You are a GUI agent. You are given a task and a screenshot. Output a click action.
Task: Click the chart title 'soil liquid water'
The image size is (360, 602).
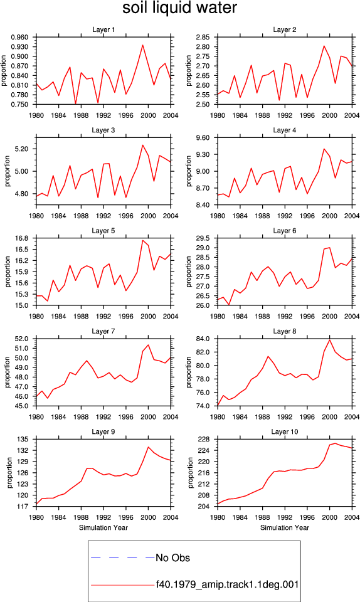[x=179, y=8]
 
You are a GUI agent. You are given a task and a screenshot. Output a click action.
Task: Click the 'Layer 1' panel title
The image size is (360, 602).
[x=103, y=30]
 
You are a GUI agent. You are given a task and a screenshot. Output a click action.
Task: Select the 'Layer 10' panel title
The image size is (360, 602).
[x=284, y=432]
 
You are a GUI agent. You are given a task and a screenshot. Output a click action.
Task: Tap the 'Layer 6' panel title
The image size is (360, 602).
[x=284, y=231]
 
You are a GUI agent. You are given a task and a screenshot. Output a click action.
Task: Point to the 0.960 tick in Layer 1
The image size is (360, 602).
[x=19, y=37]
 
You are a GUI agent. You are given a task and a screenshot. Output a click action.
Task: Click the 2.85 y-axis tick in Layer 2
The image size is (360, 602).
[x=203, y=37]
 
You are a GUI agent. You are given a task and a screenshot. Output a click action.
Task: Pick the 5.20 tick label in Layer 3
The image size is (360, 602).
[x=21, y=149]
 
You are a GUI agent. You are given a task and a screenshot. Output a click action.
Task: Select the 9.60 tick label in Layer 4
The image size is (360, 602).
[x=203, y=138]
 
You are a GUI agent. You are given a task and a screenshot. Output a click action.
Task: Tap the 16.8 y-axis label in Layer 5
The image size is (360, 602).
[x=22, y=238]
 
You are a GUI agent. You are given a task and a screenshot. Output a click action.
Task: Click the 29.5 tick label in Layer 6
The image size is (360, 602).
[x=203, y=238]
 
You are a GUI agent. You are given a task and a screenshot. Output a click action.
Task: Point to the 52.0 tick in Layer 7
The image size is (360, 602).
[x=22, y=339]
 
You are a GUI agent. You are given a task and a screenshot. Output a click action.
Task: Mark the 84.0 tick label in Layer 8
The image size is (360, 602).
[x=203, y=339]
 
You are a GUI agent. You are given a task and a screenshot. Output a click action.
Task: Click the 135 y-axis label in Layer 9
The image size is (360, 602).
[x=24, y=439]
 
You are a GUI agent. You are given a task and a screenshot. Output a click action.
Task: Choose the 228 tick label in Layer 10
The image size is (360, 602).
[x=205, y=439]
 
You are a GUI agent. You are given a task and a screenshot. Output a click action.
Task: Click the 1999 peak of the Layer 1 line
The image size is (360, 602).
[x=143, y=45]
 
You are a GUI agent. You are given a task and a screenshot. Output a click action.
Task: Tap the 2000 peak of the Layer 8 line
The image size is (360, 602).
[x=330, y=340]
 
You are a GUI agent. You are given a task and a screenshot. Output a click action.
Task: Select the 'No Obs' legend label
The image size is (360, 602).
[x=172, y=558]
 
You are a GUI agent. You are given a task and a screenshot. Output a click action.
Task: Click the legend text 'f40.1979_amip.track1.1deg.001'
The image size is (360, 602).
[x=227, y=585]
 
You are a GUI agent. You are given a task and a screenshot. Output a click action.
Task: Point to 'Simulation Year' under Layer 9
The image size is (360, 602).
[x=103, y=528]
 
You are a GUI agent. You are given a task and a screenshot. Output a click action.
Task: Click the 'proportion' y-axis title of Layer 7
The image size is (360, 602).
[x=8, y=372]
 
